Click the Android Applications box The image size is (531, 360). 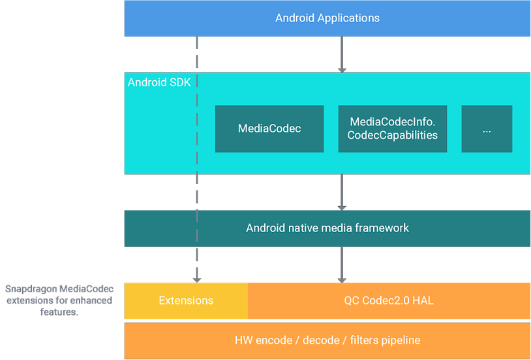tap(327, 18)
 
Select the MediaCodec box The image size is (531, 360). tap(269, 129)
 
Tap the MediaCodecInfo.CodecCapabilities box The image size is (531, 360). tap(392, 129)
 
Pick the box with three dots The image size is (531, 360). tap(487, 129)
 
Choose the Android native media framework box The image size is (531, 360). tap(327, 228)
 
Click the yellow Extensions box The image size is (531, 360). tap(186, 301)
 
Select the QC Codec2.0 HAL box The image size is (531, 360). tap(389, 301)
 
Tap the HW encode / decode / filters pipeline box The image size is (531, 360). tap(327, 340)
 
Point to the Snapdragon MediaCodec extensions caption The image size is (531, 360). tap(59, 300)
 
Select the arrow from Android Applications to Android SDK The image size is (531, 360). tap(341, 55)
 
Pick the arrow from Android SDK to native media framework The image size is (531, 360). tap(341, 192)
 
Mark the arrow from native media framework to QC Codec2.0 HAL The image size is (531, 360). tap(341, 265)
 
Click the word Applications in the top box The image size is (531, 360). tap(348, 18)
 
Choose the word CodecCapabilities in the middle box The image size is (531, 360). tap(392, 136)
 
